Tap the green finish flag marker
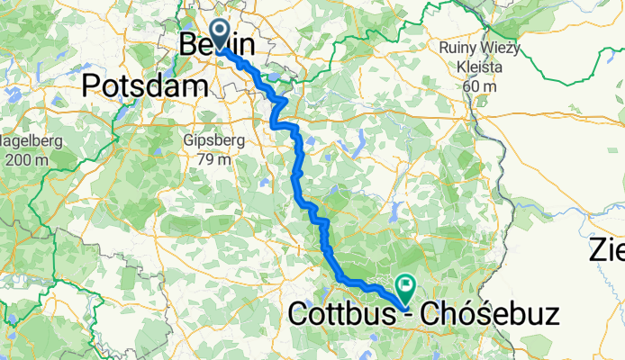click(x=404, y=287)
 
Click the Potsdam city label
click(x=145, y=85)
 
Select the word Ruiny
click(x=459, y=48)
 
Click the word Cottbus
click(x=341, y=315)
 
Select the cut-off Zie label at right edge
click(x=607, y=249)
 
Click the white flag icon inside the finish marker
click(x=405, y=284)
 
